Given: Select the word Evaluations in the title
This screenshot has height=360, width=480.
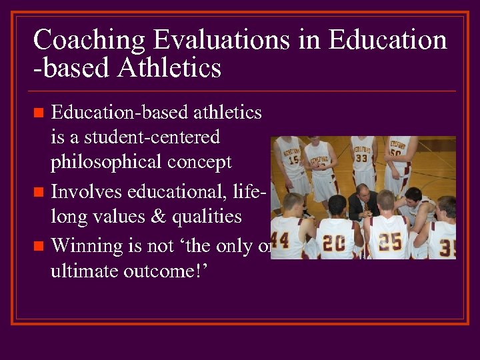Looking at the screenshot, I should coord(220,41).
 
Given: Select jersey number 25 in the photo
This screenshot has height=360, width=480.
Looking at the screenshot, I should coord(391,239).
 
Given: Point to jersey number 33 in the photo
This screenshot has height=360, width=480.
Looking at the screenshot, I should coord(360,159).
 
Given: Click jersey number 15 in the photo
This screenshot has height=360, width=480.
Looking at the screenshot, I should coord(293,161).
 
